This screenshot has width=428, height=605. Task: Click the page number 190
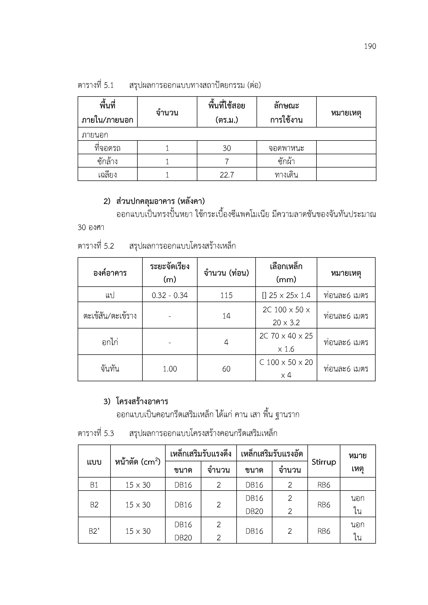pyautogui.click(x=370, y=46)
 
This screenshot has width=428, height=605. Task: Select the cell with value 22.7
pyautogui.click(x=227, y=175)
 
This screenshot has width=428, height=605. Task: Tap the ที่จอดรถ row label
pyautogui.click(x=107, y=148)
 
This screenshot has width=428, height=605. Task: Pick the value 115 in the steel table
pyautogui.click(x=226, y=295)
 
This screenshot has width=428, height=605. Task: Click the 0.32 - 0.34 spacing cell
pyautogui.click(x=170, y=295)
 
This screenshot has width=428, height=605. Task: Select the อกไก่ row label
pyautogui.click(x=110, y=342)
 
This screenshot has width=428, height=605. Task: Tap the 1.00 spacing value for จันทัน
pyautogui.click(x=170, y=369)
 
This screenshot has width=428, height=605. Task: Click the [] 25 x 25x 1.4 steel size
pyautogui.click(x=286, y=295)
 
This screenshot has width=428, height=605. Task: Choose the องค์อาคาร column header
pyautogui.click(x=110, y=273)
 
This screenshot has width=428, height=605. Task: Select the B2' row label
pyautogui.click(x=94, y=531)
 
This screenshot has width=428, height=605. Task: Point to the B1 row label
pyautogui.click(x=94, y=485)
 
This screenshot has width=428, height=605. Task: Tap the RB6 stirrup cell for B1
pyautogui.click(x=324, y=485)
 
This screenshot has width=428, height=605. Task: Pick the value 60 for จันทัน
pyautogui.click(x=226, y=369)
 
